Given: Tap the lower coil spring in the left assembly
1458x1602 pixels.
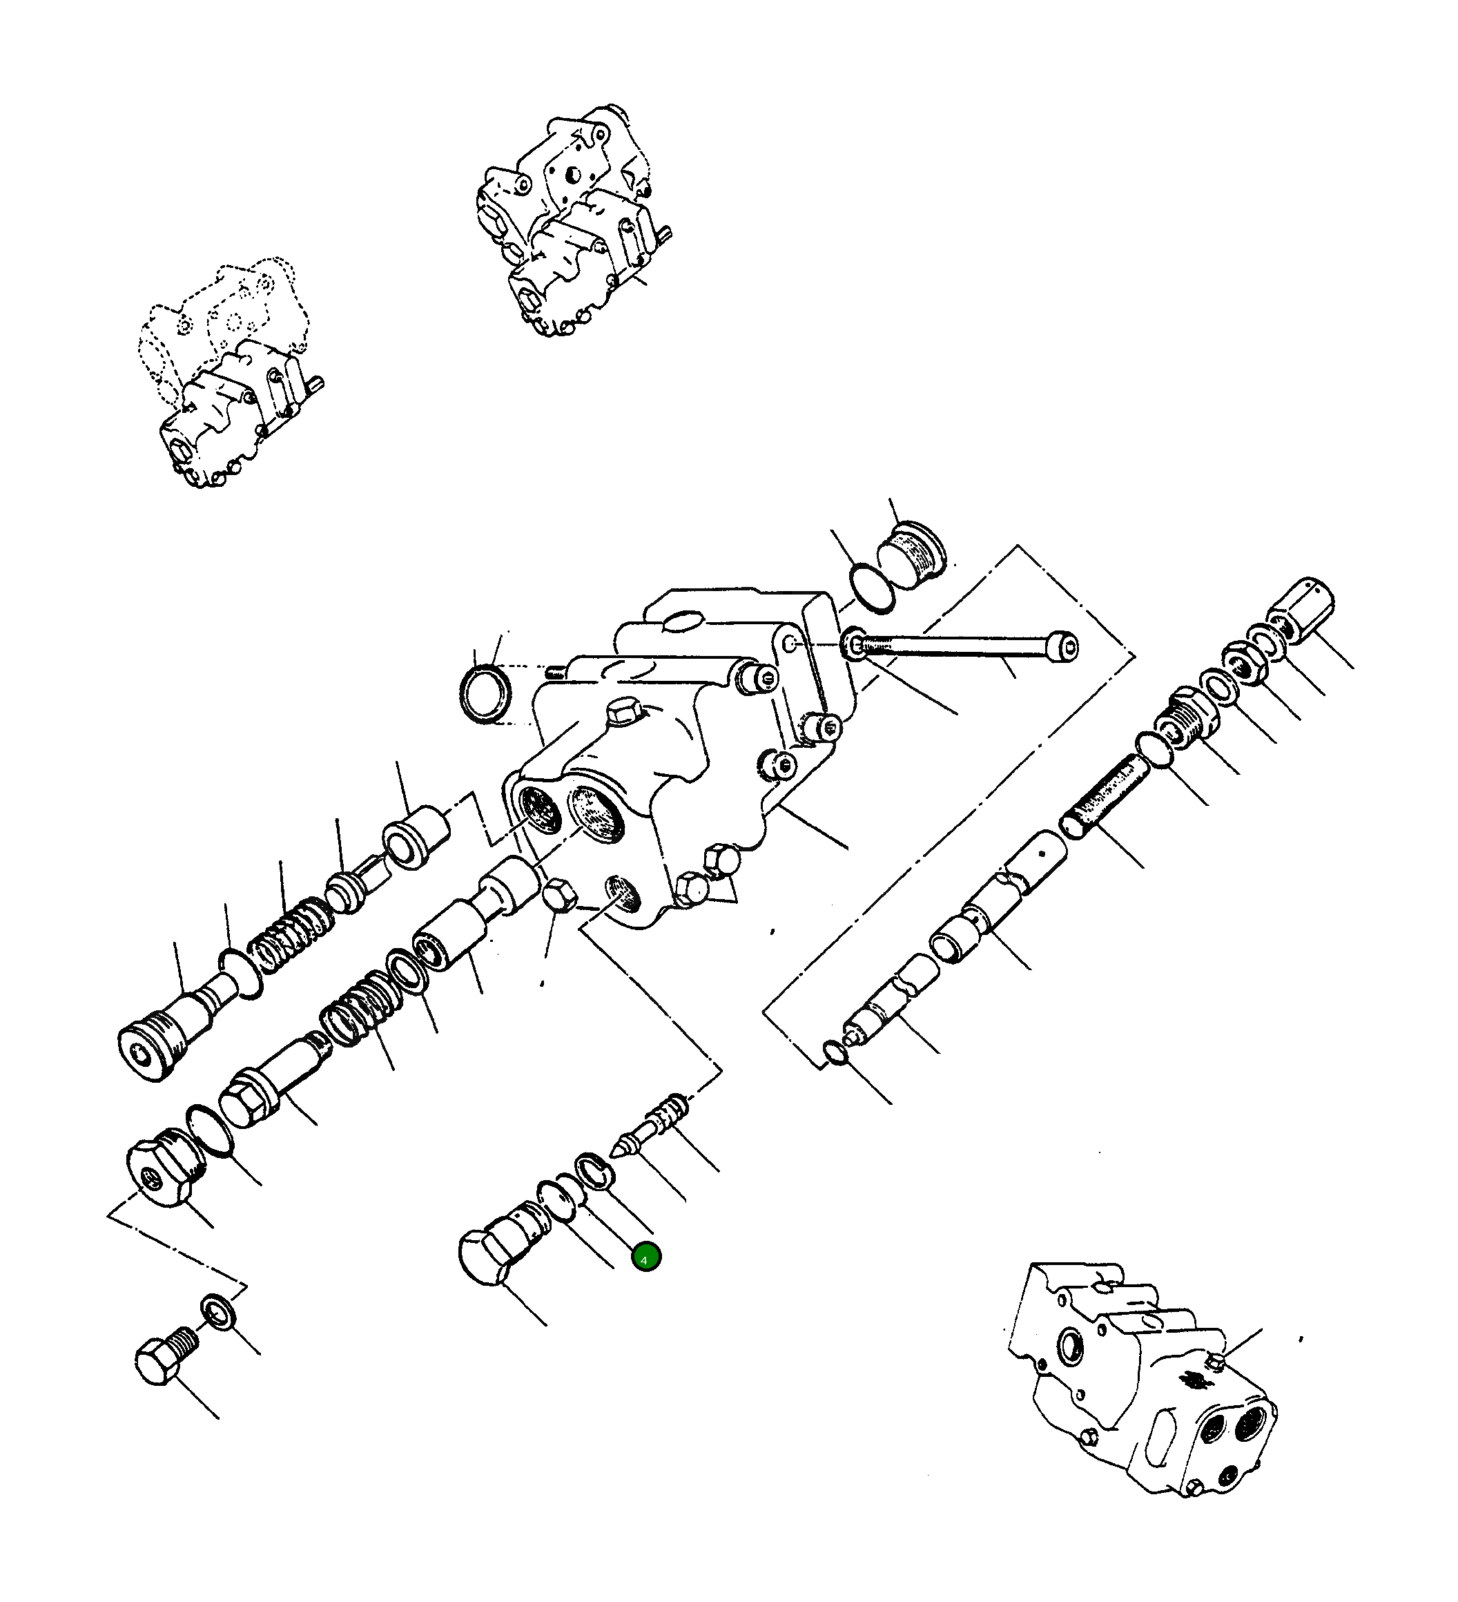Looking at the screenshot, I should (358, 1014).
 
